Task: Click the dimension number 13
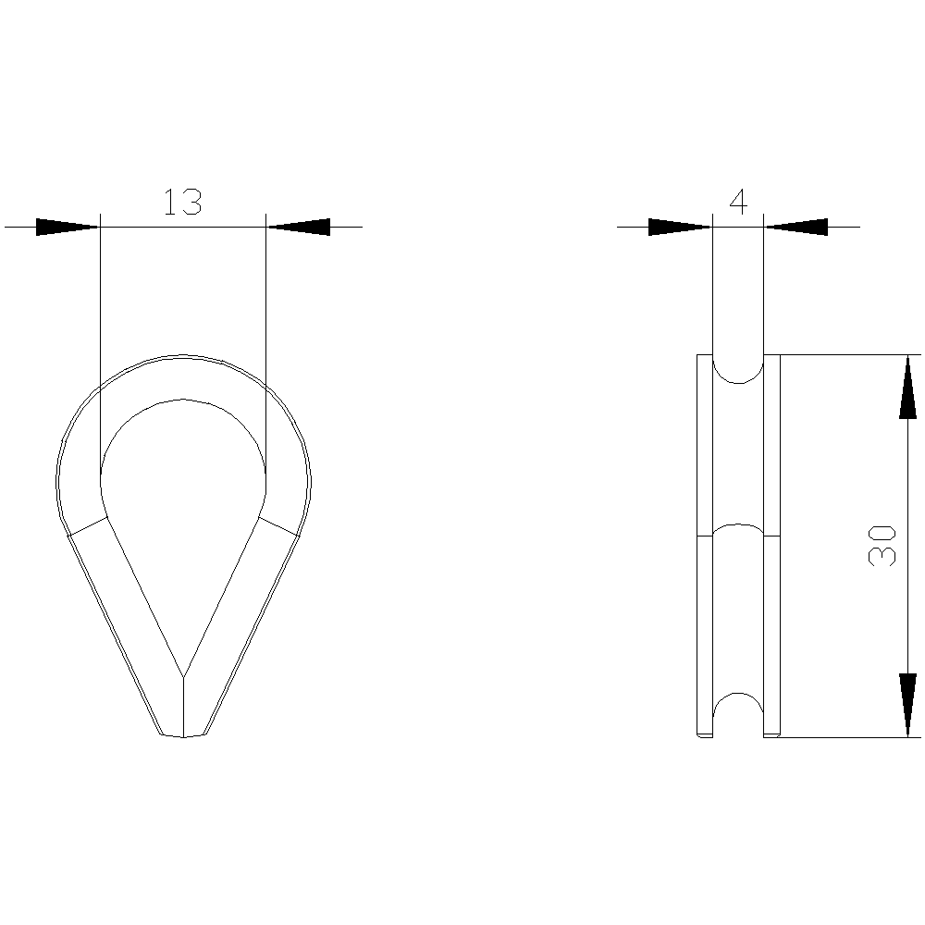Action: (x=182, y=202)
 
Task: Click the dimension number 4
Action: (x=737, y=202)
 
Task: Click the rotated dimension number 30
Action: (x=882, y=545)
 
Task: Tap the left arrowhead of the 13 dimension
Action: (x=67, y=227)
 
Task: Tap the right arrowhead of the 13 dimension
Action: (x=298, y=227)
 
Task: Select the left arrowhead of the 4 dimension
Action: (x=680, y=227)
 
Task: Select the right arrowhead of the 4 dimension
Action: (x=796, y=227)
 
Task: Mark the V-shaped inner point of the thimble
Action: (x=183, y=673)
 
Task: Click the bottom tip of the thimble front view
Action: (x=183, y=736)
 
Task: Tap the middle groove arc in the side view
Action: (x=737, y=529)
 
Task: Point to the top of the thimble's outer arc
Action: (x=183, y=356)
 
